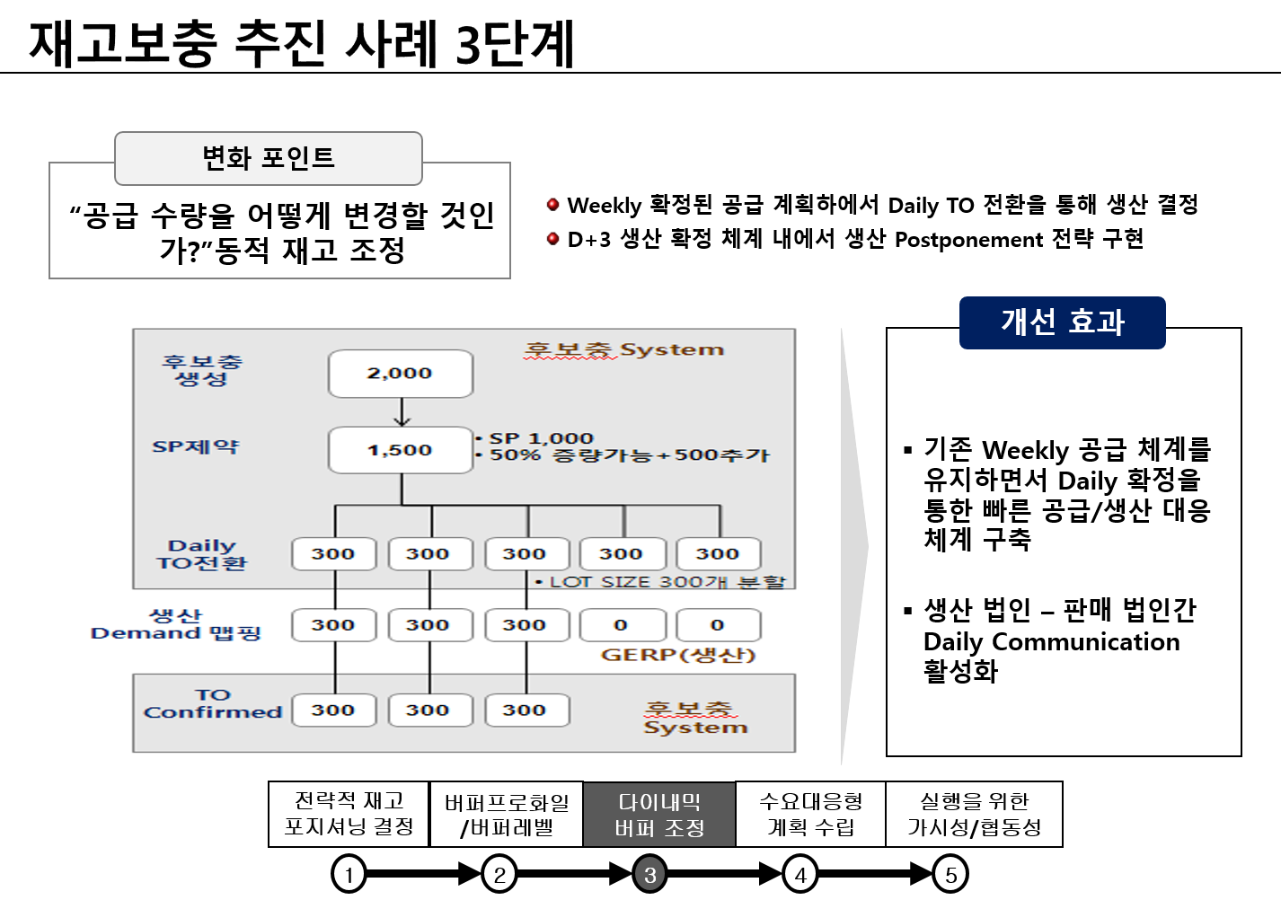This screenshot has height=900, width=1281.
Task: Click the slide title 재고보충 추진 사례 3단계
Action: [302, 43]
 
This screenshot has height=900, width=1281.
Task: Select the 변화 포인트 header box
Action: [268, 158]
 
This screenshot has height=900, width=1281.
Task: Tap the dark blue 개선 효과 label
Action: [1062, 322]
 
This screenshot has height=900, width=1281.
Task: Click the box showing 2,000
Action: [401, 374]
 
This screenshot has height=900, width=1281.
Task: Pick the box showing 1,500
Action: [401, 450]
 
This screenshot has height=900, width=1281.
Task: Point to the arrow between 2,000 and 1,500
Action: [402, 412]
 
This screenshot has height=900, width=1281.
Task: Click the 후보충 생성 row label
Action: [201, 370]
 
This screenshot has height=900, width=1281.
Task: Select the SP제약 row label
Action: [195, 446]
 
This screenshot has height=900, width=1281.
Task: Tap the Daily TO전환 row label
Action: [201, 554]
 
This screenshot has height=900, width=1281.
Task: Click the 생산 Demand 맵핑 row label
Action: [176, 624]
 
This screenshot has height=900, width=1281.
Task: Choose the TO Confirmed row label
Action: [213, 703]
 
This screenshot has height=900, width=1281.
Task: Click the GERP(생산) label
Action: [678, 655]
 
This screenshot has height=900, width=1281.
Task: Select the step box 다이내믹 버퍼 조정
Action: [659, 815]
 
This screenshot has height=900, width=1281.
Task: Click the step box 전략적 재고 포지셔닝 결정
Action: [349, 814]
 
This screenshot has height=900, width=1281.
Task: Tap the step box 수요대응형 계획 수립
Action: [810, 814]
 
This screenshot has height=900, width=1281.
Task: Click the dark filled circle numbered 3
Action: [649, 875]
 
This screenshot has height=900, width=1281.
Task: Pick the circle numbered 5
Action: [950, 875]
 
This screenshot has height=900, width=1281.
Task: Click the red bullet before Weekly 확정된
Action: [553, 205]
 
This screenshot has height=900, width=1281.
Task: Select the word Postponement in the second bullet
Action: [968, 240]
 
